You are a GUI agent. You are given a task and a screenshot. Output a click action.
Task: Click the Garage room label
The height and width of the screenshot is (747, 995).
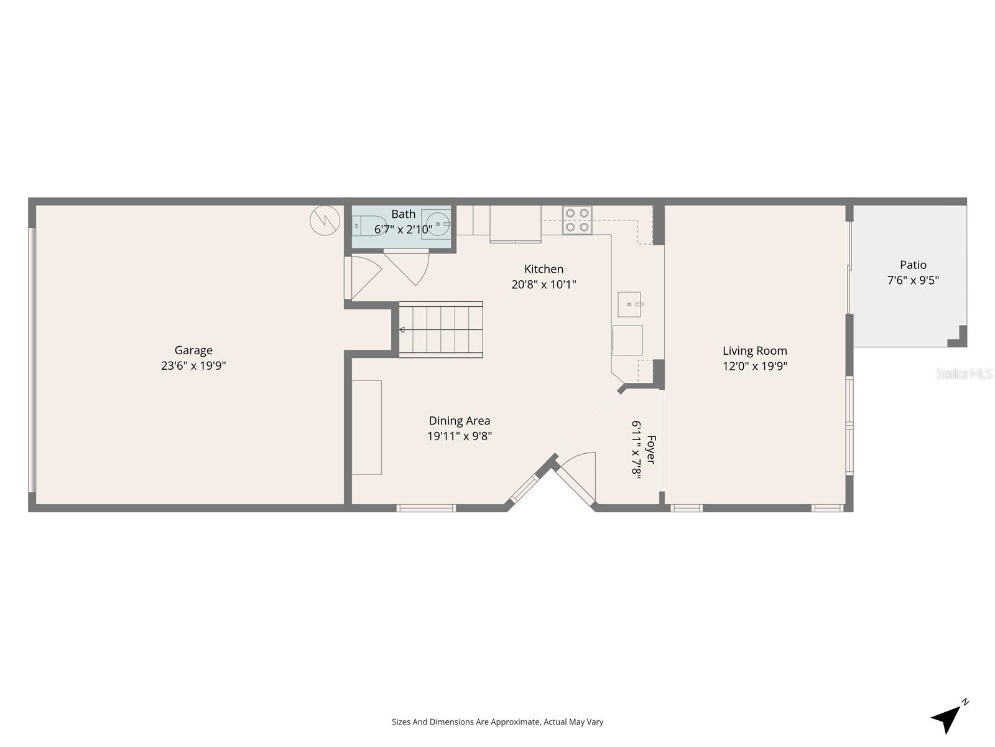[x=193, y=350]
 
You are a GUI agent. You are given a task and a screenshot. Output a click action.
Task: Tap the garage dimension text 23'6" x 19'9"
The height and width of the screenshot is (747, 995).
[x=193, y=366]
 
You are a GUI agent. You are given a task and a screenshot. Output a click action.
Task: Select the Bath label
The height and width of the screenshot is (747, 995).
[x=403, y=214]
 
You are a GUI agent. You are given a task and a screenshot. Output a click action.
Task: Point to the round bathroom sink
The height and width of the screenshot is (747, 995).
[x=438, y=223]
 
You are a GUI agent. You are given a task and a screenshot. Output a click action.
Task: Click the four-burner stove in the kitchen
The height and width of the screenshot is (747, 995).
[x=577, y=220]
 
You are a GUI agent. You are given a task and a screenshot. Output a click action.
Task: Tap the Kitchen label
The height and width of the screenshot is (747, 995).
[x=544, y=269]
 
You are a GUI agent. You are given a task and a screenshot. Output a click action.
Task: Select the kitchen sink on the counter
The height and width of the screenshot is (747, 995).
[x=629, y=304]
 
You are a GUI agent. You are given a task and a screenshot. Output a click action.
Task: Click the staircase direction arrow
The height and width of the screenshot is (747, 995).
[x=403, y=329]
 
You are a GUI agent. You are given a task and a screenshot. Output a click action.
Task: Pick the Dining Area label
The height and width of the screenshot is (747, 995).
[x=459, y=421]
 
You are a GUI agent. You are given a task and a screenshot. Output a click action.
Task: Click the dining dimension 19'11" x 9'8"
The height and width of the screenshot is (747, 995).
[x=459, y=436]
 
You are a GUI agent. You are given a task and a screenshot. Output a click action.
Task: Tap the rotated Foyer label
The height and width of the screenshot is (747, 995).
[x=650, y=449]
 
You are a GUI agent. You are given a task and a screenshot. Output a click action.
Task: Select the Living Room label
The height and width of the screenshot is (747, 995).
[x=754, y=351]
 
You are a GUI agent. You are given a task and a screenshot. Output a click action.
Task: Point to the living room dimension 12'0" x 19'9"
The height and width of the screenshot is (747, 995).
[x=754, y=367]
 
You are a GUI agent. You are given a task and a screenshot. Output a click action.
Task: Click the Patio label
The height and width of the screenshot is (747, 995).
[x=912, y=265]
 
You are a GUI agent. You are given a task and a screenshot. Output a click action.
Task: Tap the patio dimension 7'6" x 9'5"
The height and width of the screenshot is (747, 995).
[x=912, y=281]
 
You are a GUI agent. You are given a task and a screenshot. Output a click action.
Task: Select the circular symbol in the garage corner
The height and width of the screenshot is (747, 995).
[x=325, y=220]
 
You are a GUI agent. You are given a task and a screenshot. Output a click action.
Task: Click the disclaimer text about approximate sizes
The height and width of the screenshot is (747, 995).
[x=497, y=722]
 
